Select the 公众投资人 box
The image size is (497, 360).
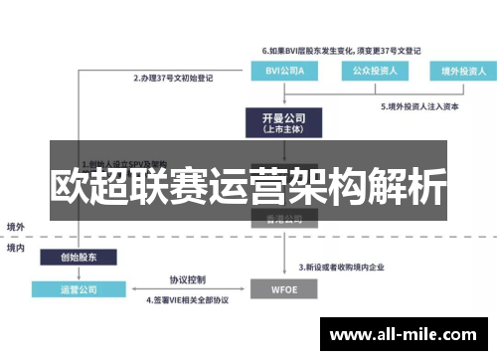tap(371, 72)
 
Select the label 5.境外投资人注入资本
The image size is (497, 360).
tap(418, 105)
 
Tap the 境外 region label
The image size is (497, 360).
tap(16, 227)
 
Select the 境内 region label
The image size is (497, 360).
tap(16, 248)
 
